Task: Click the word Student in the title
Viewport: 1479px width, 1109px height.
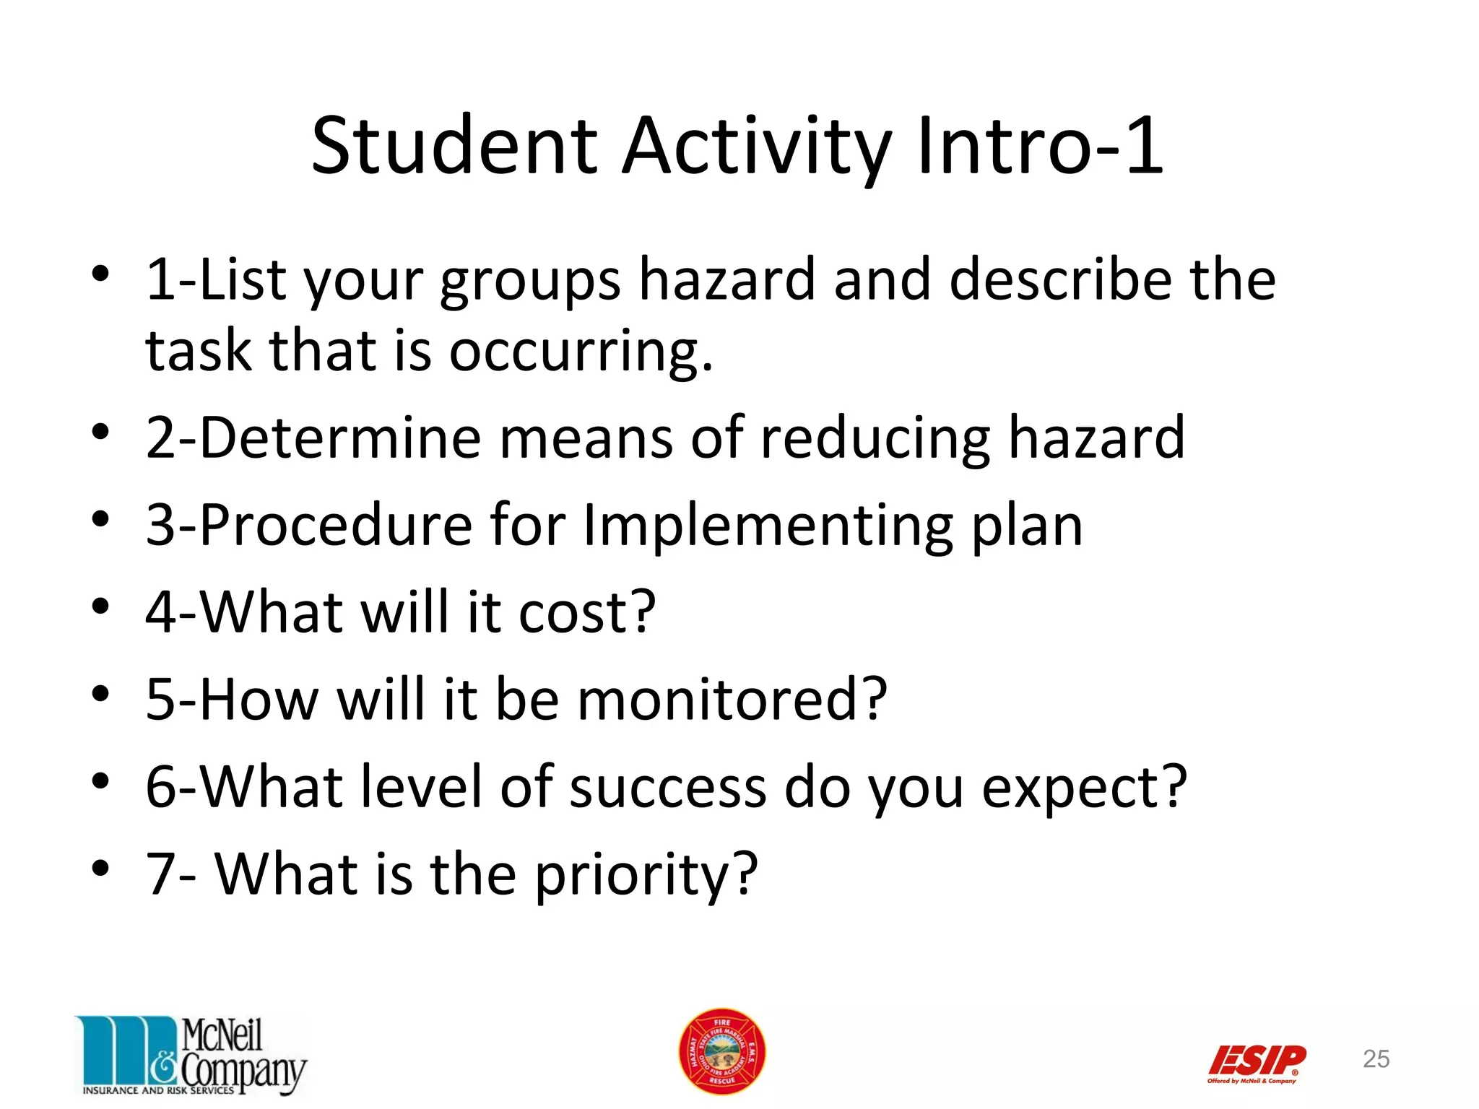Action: (454, 147)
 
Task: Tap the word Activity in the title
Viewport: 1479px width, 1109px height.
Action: (756, 147)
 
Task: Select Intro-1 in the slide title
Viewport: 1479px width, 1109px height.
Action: (1040, 147)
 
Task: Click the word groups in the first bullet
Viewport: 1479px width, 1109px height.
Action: (530, 282)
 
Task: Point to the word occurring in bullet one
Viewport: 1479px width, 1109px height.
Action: (581, 352)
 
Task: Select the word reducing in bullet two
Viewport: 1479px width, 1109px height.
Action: (875, 439)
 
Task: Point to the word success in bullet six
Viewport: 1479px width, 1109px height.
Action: (667, 787)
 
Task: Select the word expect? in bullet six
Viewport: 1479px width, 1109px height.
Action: (1084, 788)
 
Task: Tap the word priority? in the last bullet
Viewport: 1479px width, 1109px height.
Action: (646, 875)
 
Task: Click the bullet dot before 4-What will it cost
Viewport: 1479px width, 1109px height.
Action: (100, 605)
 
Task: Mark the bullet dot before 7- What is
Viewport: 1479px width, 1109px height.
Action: (100, 866)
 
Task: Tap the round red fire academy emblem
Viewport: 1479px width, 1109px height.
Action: (721, 1051)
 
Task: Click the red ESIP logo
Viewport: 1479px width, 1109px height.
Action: (1257, 1062)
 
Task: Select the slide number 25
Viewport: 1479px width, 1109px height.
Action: (1376, 1058)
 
